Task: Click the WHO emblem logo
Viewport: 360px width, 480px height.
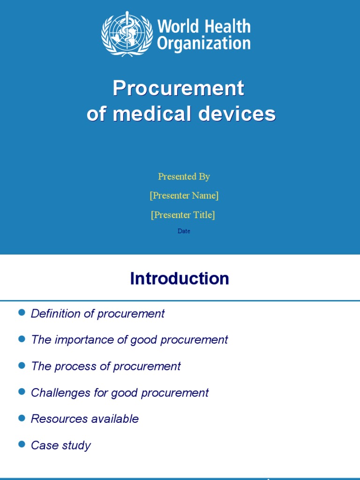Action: [127, 34]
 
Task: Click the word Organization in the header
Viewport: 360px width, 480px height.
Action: [203, 43]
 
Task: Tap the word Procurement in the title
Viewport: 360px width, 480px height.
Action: [178, 88]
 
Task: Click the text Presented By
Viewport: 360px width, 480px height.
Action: [184, 176]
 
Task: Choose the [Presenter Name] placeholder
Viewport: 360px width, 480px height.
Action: [184, 195]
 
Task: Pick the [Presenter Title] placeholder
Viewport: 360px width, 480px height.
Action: [183, 215]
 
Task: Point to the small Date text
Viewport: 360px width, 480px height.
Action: [184, 231]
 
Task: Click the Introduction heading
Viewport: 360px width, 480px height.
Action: [180, 278]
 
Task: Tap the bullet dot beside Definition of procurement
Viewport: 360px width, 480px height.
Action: [21, 313]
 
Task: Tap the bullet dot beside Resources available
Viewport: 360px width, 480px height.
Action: [21, 418]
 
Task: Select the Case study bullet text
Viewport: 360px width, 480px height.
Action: [60, 445]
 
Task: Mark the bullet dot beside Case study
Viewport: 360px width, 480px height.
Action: [21, 444]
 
